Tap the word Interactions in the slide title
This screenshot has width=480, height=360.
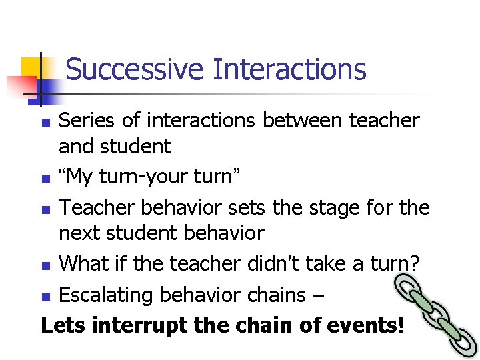tap(289, 69)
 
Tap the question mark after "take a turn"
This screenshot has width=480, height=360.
tap(415, 263)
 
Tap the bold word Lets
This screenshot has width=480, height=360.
tap(64, 325)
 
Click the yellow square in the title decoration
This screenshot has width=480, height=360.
tap(31, 69)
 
